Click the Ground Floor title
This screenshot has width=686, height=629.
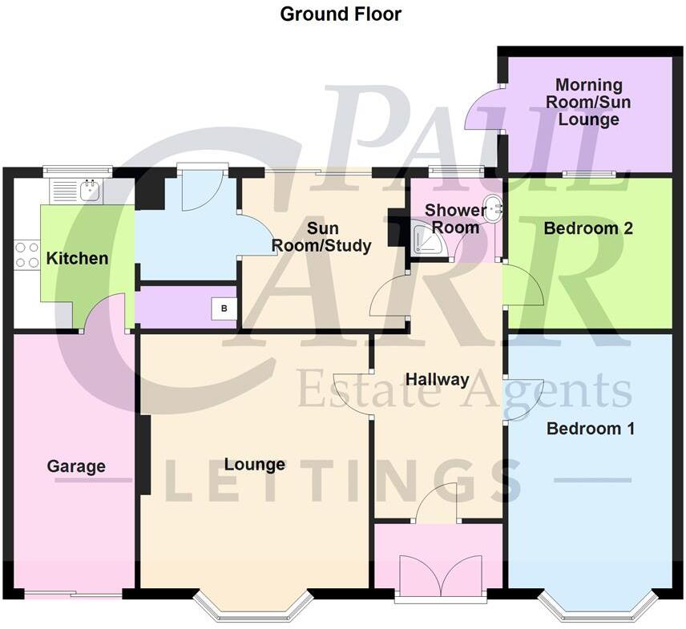click(341, 14)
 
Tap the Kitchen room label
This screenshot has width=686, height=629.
click(77, 259)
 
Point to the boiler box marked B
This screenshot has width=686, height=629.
click(224, 308)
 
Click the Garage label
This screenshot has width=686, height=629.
click(76, 466)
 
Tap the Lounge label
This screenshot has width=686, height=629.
click(255, 464)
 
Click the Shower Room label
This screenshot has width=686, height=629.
click(454, 219)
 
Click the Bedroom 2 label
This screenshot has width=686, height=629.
click(588, 228)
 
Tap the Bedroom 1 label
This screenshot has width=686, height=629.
click(591, 429)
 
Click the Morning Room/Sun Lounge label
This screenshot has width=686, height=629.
click(589, 102)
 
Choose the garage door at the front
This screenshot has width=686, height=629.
click(73, 594)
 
